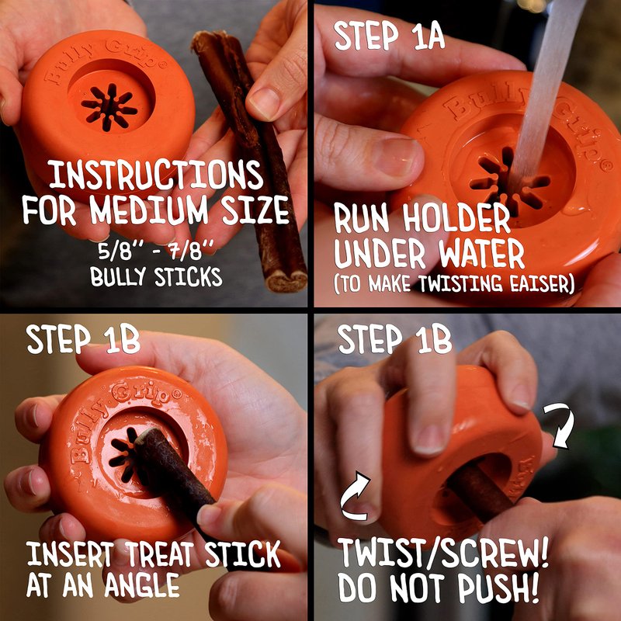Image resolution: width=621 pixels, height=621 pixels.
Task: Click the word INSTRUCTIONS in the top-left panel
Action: coord(156,175)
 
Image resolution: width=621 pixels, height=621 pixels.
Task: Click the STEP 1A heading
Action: coord(390,36)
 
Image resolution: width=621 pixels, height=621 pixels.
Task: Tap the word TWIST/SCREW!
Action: coord(443,553)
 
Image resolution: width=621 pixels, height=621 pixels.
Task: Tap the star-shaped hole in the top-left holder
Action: coord(109,107)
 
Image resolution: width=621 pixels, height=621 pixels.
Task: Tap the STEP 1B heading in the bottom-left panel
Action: coord(83,338)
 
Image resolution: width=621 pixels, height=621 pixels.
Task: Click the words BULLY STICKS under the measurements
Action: coord(156,277)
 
